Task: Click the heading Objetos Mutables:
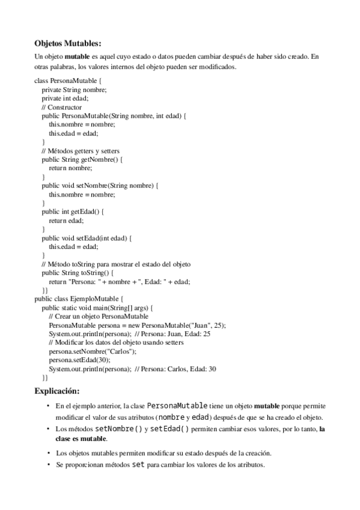(68, 43)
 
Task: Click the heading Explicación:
(61, 391)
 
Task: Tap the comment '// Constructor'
(61, 107)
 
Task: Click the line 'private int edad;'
(66, 98)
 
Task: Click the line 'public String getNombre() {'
(82, 159)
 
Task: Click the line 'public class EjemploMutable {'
(79, 299)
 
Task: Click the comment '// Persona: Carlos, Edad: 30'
(175, 369)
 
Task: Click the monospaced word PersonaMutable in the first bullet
(178, 407)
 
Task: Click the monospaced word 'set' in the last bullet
(138, 465)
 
